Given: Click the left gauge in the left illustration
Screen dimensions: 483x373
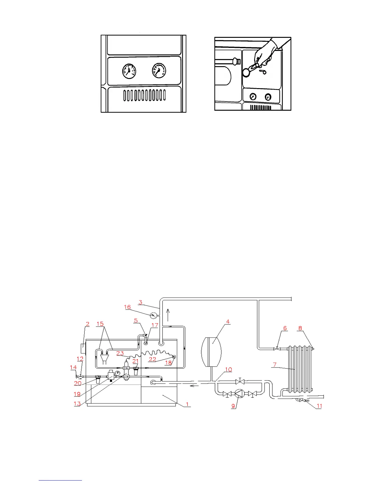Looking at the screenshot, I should [129, 71].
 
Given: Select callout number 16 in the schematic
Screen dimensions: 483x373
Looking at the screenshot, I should [127, 307].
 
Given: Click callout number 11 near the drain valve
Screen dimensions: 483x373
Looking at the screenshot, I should [319, 406].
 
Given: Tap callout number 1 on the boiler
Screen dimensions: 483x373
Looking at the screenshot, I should [187, 404].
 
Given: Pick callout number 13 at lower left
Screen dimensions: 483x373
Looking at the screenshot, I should [77, 403].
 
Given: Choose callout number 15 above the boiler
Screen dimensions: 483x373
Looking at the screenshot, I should [100, 324].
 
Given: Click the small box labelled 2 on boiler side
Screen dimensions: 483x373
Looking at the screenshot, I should [83, 348].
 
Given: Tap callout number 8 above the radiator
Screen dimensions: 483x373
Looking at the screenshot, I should [300, 328].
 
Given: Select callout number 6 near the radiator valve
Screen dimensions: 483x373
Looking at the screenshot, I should [285, 328].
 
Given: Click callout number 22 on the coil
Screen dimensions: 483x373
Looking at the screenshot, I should [152, 359].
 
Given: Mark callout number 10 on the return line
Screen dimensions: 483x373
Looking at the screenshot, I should [228, 370].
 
